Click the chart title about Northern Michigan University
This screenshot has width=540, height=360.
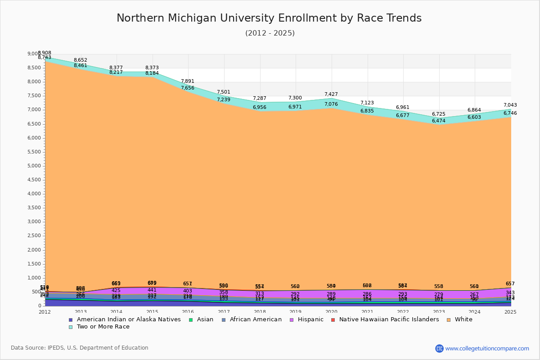[x=269, y=18]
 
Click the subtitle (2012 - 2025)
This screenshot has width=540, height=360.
[x=270, y=33]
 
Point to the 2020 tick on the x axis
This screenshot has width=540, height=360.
[x=332, y=312]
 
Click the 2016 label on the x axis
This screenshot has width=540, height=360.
[x=188, y=312]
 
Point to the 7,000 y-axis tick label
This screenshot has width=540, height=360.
[x=34, y=110]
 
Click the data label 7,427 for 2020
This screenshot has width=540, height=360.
[x=331, y=94]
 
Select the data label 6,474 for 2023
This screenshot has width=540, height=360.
[x=439, y=121]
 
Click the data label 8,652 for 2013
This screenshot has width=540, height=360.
[x=81, y=60]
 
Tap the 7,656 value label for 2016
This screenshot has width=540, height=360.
[x=188, y=88]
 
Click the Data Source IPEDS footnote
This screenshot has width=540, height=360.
[x=80, y=348]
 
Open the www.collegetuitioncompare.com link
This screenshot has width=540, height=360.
[x=487, y=348]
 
